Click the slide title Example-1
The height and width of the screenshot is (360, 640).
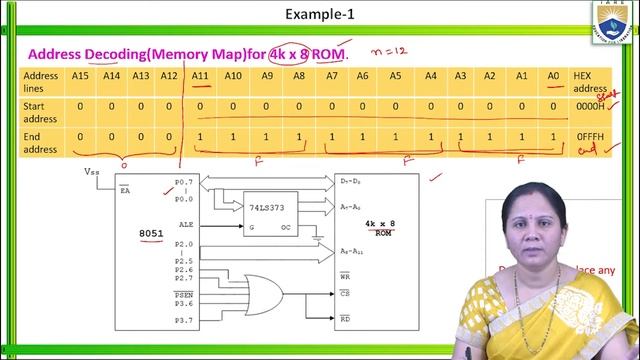click(x=320, y=15)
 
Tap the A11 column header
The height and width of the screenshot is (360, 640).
click(x=200, y=75)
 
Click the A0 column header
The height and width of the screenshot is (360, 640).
click(x=552, y=75)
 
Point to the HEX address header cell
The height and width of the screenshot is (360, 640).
click(x=585, y=81)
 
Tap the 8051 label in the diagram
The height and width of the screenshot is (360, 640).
click(x=152, y=233)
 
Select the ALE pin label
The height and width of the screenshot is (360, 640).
click(x=184, y=226)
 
